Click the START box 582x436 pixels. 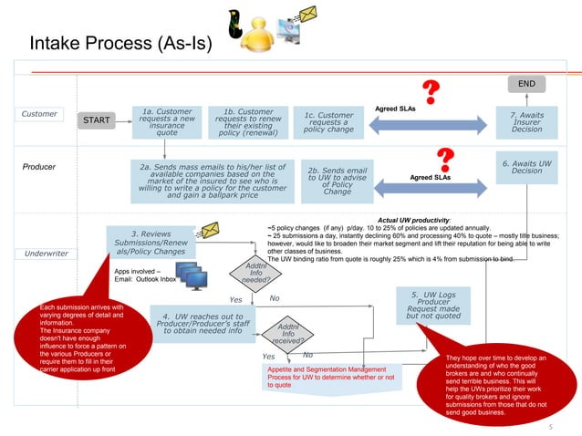pyautogui.click(x=97, y=120)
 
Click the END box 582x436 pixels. pyautogui.click(x=525, y=84)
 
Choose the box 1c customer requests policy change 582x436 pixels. pyautogui.click(x=328, y=122)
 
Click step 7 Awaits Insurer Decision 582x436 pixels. pyautogui.click(x=526, y=121)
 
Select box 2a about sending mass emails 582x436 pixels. pyautogui.click(x=212, y=181)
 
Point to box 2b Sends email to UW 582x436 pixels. pyautogui.click(x=337, y=181)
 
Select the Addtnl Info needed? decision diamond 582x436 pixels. pyautogui.click(x=255, y=272)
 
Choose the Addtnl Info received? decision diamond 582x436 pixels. pyautogui.click(x=287, y=334)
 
